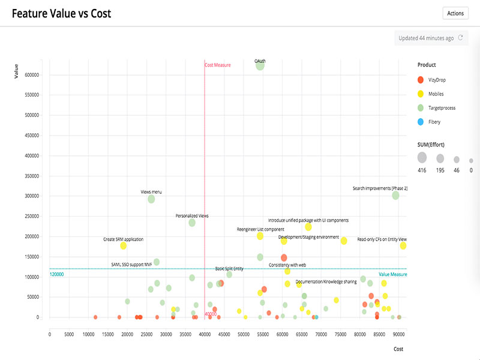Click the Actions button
[455, 13]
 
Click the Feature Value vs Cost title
[61, 14]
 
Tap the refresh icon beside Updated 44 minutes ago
[461, 38]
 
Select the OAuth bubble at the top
[260, 65]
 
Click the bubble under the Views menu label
[151, 199]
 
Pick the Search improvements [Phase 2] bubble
[395, 195]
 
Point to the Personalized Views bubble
[192, 223]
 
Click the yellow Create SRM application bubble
[123, 245]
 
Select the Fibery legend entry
[430, 122]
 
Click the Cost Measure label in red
[218, 65]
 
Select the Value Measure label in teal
[393, 274]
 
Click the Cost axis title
[398, 349]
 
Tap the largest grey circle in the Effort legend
[422, 158]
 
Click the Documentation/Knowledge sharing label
[326, 281]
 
